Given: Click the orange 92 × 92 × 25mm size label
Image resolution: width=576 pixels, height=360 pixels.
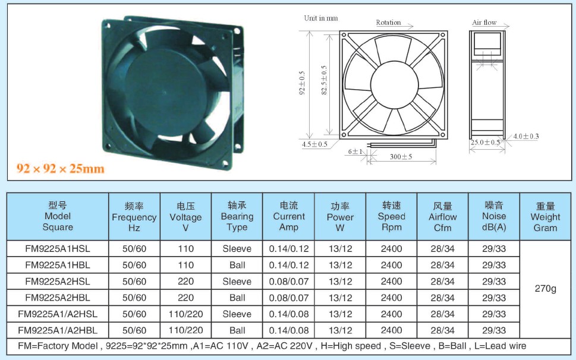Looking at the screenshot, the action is (61, 169).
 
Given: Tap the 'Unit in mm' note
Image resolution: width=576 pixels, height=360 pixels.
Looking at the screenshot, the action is (321, 18).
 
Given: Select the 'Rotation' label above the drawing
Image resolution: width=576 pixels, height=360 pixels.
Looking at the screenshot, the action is (388, 23).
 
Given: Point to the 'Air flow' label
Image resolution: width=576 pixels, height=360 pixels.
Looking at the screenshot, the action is (484, 23).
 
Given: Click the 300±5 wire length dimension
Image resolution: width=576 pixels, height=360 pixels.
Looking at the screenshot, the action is (401, 157).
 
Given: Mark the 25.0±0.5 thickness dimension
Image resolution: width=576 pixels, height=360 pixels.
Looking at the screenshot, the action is (485, 143).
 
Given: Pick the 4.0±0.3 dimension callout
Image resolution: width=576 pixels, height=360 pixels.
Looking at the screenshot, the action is (526, 137).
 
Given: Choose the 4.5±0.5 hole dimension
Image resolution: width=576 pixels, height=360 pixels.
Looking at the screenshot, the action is (314, 144).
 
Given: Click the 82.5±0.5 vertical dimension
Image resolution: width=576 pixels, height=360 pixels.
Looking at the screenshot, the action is (324, 80).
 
